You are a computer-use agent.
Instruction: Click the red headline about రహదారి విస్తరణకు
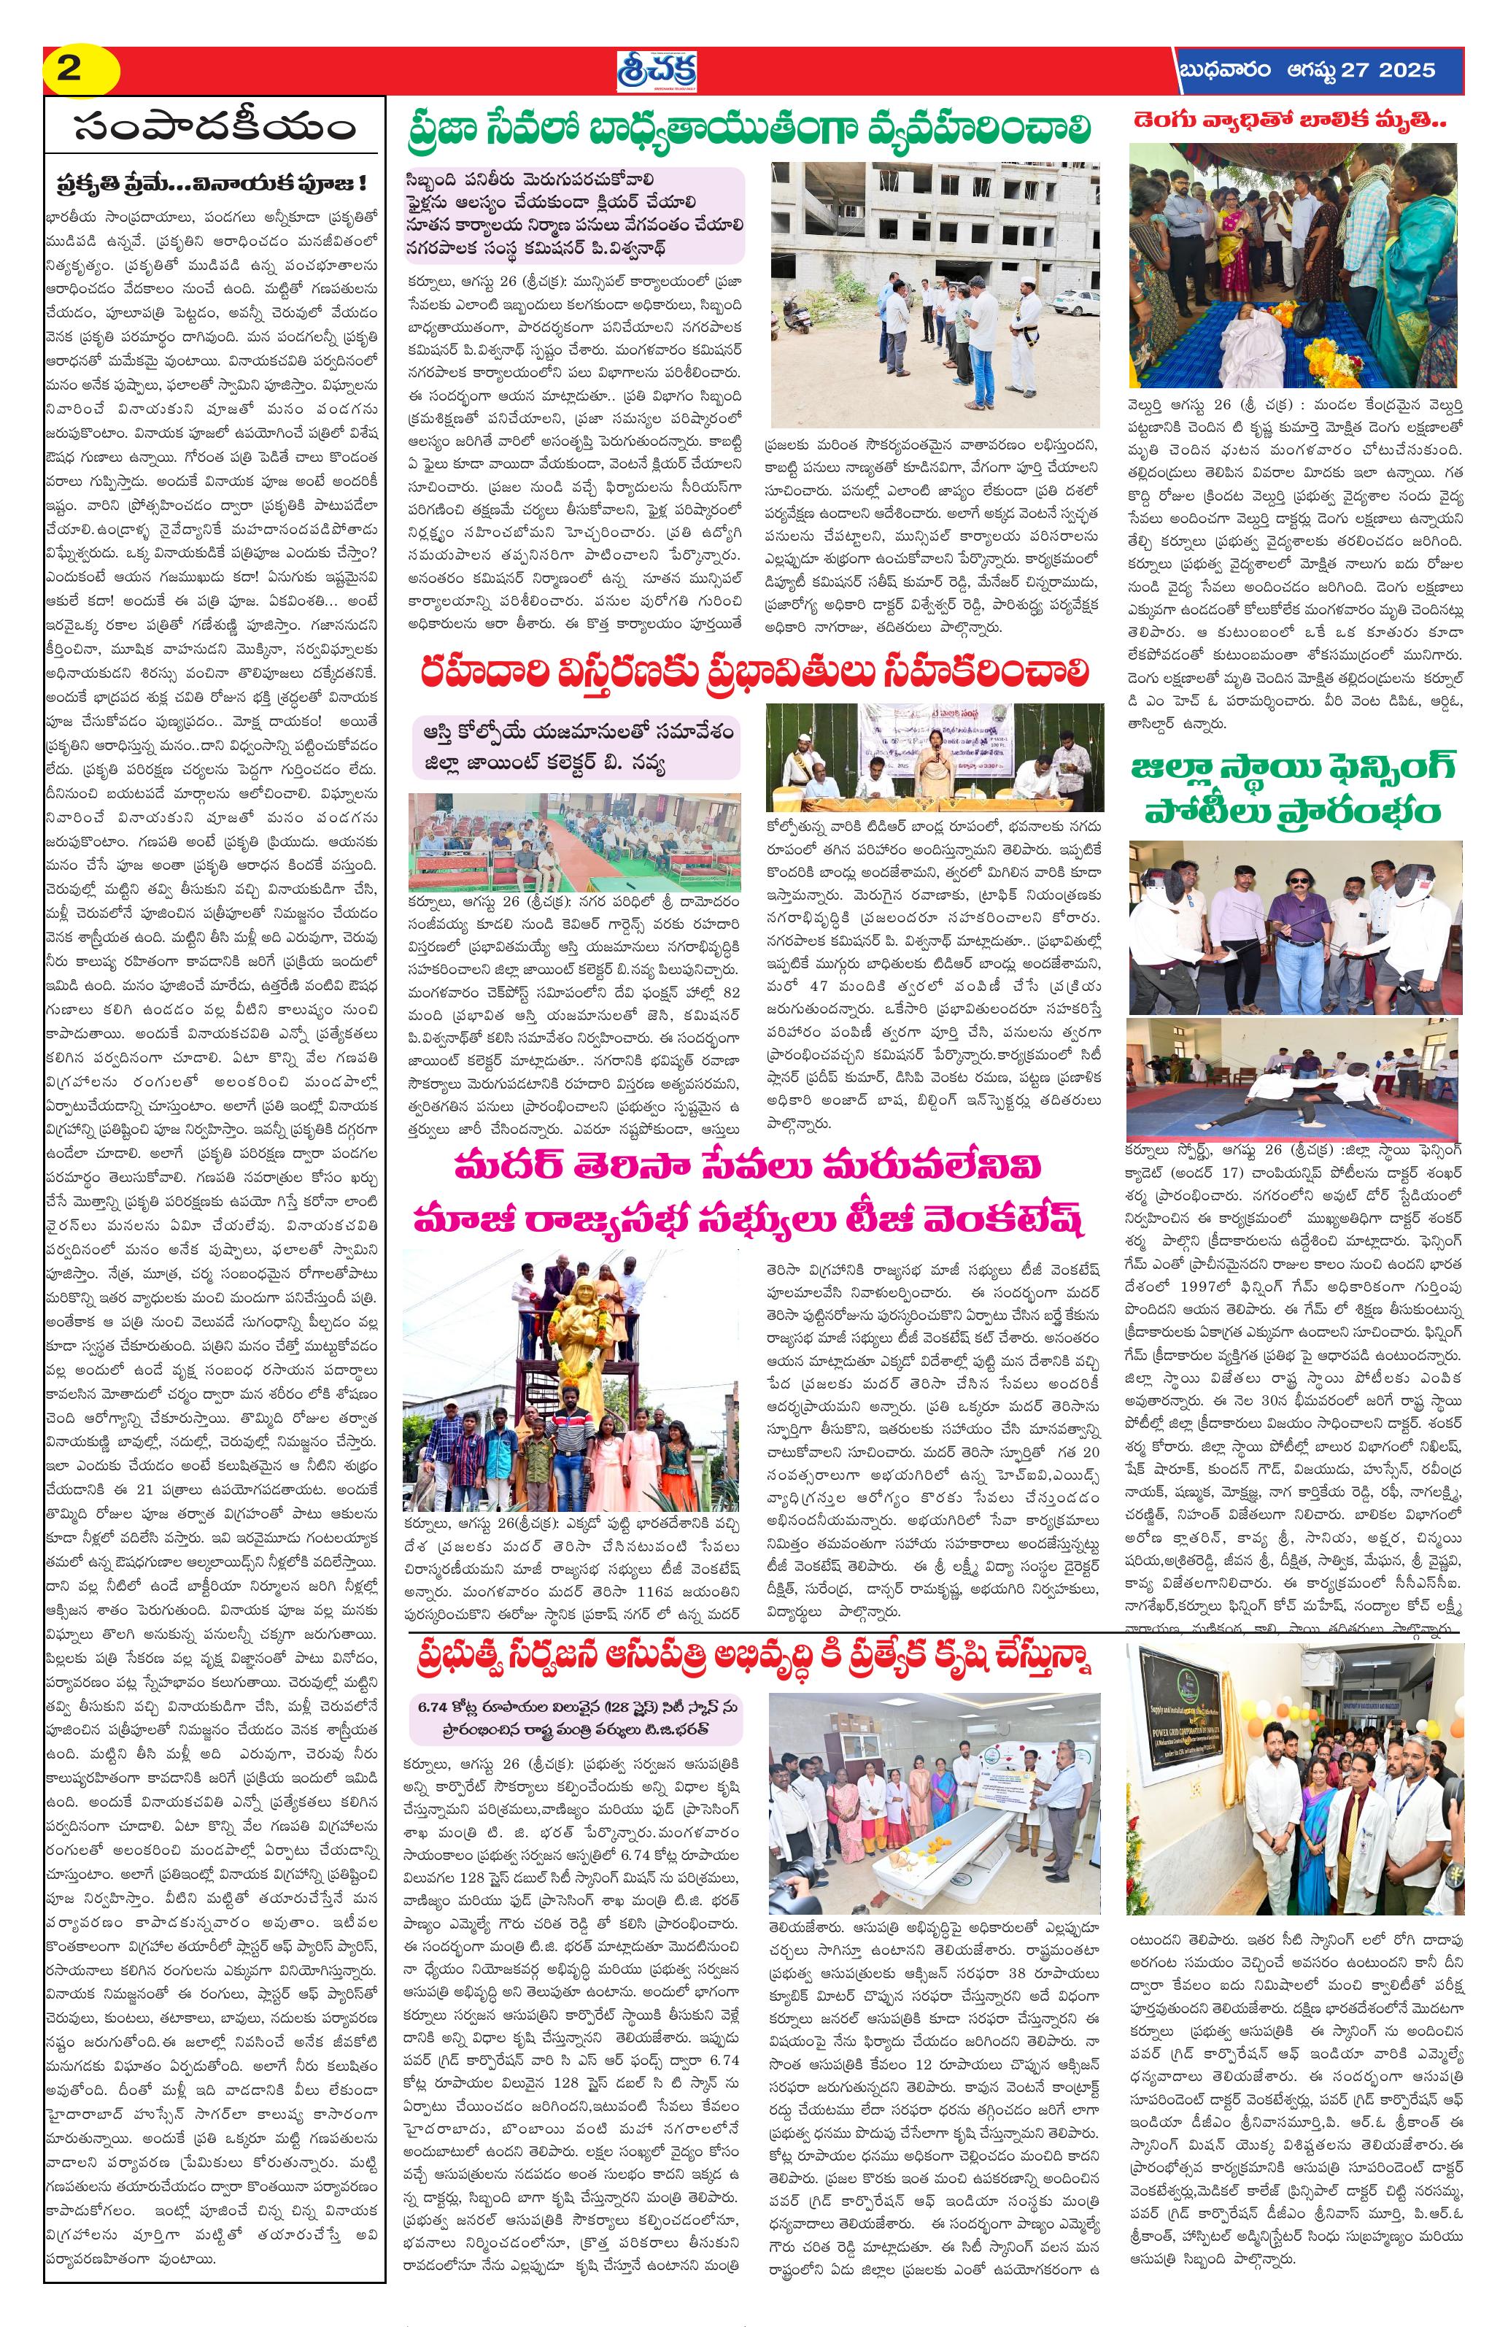point(754,672)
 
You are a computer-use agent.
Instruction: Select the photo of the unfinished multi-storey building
point(935,293)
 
